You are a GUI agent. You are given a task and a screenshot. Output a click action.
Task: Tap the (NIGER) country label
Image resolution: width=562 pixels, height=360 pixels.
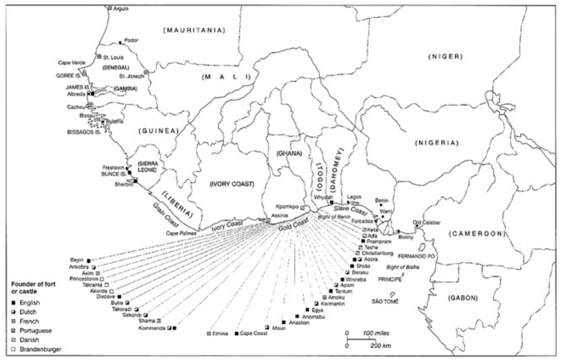tap(445, 57)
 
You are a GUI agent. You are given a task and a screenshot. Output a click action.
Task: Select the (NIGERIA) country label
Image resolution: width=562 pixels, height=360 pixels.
tap(437, 143)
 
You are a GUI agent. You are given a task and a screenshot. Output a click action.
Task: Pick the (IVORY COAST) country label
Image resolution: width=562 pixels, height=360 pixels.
tap(231, 184)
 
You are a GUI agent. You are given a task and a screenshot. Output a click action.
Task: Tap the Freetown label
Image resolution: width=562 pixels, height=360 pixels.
tap(113, 167)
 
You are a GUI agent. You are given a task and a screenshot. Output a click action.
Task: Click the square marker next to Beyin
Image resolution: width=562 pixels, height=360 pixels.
tap(88, 260)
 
